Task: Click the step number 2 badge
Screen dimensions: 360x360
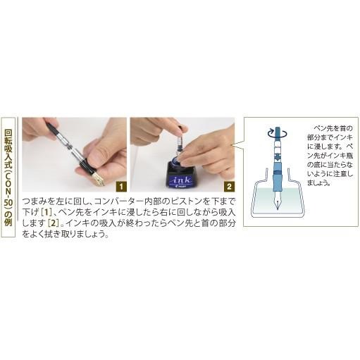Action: [229, 187]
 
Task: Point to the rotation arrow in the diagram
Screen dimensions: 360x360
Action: [271, 132]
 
